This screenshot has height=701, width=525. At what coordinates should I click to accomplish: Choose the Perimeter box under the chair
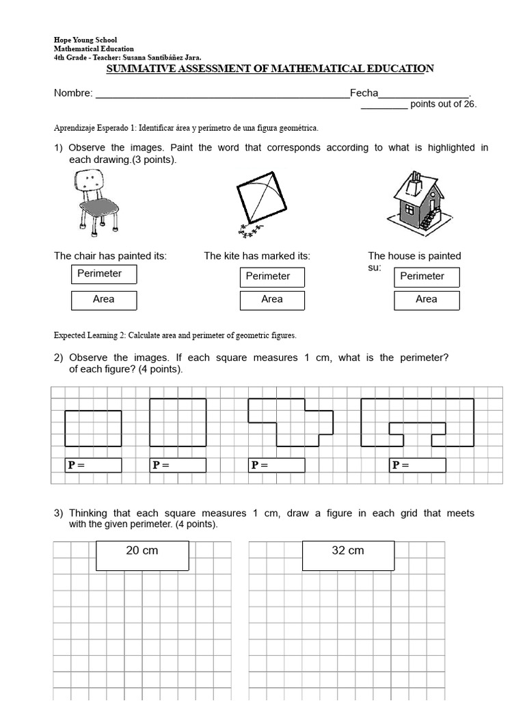tap(103, 274)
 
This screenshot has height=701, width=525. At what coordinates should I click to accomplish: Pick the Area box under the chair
tap(103, 300)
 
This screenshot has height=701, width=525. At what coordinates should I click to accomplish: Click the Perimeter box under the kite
tap(271, 277)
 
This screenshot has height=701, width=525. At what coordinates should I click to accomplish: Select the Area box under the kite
tap(271, 300)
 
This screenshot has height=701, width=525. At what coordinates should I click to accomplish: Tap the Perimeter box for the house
tap(426, 277)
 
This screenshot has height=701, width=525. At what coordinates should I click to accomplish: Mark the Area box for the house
tap(426, 300)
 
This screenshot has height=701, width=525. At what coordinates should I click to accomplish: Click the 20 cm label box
tap(142, 555)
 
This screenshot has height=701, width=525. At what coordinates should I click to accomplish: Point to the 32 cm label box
tap(347, 555)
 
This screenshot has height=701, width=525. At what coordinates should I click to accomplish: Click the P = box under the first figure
tap(93, 466)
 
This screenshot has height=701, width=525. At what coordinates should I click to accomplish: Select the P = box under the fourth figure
tap(418, 466)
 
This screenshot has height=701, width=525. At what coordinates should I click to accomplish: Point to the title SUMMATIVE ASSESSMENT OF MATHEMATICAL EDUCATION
tap(270, 68)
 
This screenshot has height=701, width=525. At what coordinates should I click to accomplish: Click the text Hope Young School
tap(85, 40)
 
